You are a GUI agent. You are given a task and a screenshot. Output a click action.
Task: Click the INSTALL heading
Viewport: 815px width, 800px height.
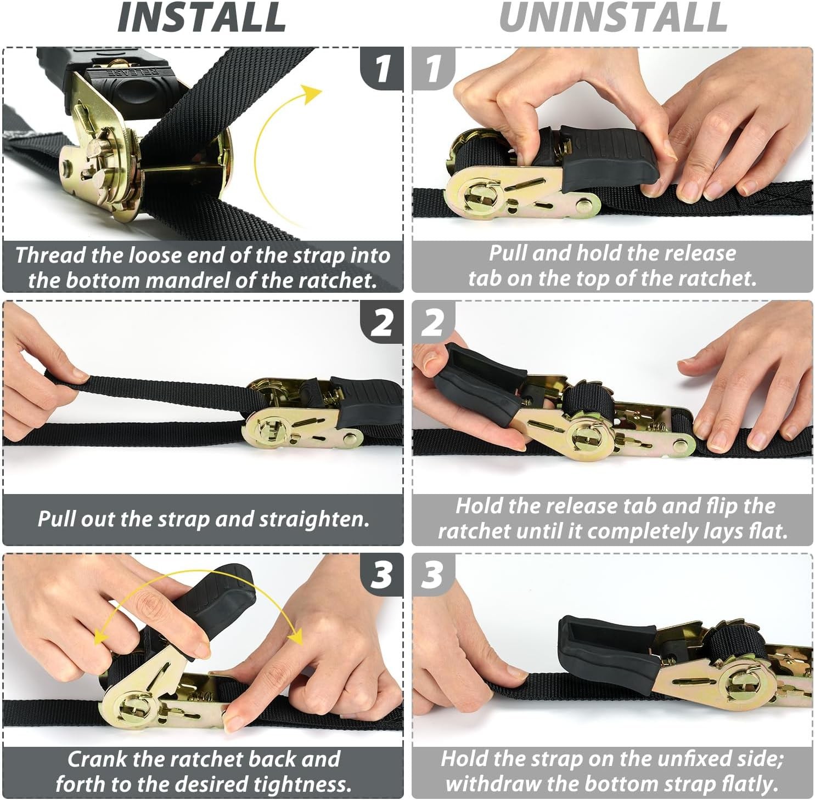(201, 17)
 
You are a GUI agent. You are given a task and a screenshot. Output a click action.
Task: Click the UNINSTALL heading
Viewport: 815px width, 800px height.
(613, 17)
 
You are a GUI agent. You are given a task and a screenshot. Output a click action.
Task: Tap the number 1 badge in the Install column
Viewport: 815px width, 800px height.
(382, 69)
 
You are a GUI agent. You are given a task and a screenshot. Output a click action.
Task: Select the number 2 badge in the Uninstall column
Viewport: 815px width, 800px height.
(433, 322)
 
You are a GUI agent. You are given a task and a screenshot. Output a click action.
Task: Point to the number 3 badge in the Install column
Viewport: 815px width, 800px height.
(382, 575)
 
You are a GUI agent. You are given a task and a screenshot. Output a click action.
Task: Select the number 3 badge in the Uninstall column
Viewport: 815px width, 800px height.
(433, 575)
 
